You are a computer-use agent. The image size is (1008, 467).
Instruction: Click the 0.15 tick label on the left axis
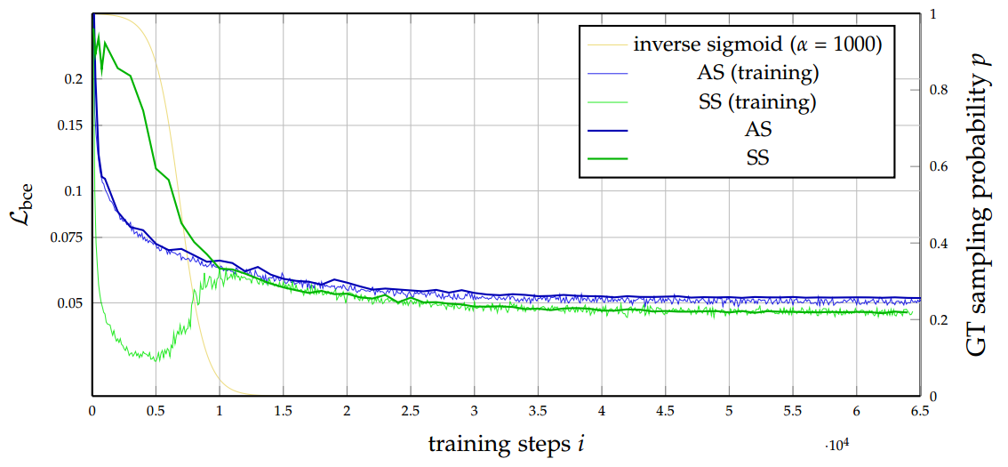point(68,125)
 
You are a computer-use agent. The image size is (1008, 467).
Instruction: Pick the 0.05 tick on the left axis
point(68,303)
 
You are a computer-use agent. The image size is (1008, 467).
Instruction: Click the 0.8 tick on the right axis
point(938,91)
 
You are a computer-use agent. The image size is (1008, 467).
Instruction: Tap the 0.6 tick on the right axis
point(938,167)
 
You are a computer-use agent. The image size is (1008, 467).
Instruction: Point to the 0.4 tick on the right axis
point(938,244)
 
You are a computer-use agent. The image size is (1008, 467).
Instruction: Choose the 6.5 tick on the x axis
point(919,412)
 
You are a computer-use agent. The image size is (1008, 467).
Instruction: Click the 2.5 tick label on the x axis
point(410,412)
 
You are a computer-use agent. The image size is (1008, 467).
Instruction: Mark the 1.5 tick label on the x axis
point(283,412)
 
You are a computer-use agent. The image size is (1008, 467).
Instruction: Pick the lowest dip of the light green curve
point(156,359)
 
